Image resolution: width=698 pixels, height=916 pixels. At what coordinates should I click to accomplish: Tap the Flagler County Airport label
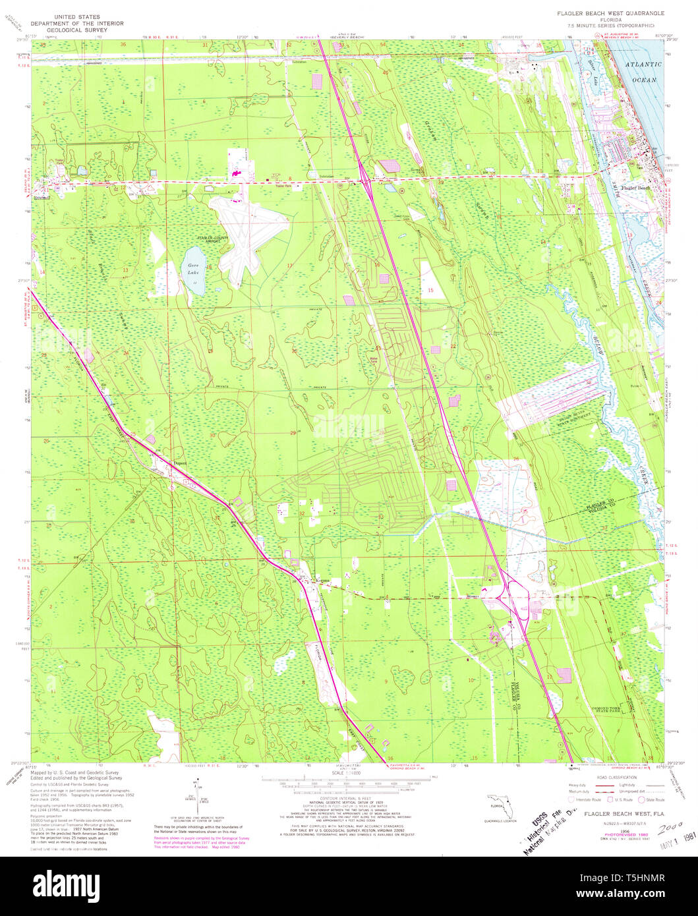coord(202,239)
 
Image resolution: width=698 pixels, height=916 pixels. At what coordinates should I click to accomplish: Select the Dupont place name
coord(180,463)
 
